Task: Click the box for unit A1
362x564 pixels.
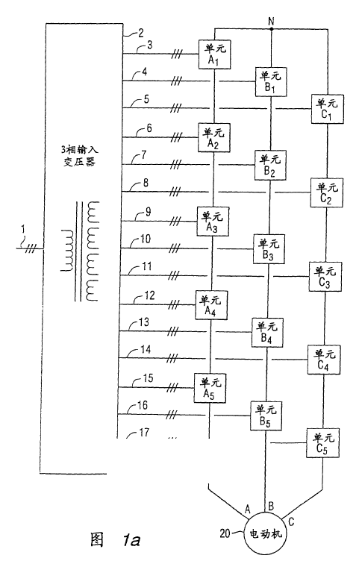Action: [215, 54]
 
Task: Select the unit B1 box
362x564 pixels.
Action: [271, 81]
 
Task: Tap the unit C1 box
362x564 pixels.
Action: [328, 109]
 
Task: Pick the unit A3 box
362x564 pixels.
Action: [213, 222]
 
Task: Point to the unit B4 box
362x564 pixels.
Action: [267, 333]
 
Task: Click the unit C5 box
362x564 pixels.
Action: [322, 443]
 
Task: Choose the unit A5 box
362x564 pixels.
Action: [210, 388]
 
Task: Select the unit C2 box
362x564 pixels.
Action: [326, 192]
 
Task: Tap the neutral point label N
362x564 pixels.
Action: [271, 22]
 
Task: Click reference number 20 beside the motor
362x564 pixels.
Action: [225, 533]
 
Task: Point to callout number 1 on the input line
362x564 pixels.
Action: [23, 229]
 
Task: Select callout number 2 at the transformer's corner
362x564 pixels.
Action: [141, 33]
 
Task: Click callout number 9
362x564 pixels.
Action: [148, 212]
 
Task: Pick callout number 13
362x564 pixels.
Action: [143, 322]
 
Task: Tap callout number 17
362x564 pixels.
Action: [144, 432]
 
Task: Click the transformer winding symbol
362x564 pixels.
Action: [80, 251]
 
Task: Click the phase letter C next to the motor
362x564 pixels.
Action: [291, 521]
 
